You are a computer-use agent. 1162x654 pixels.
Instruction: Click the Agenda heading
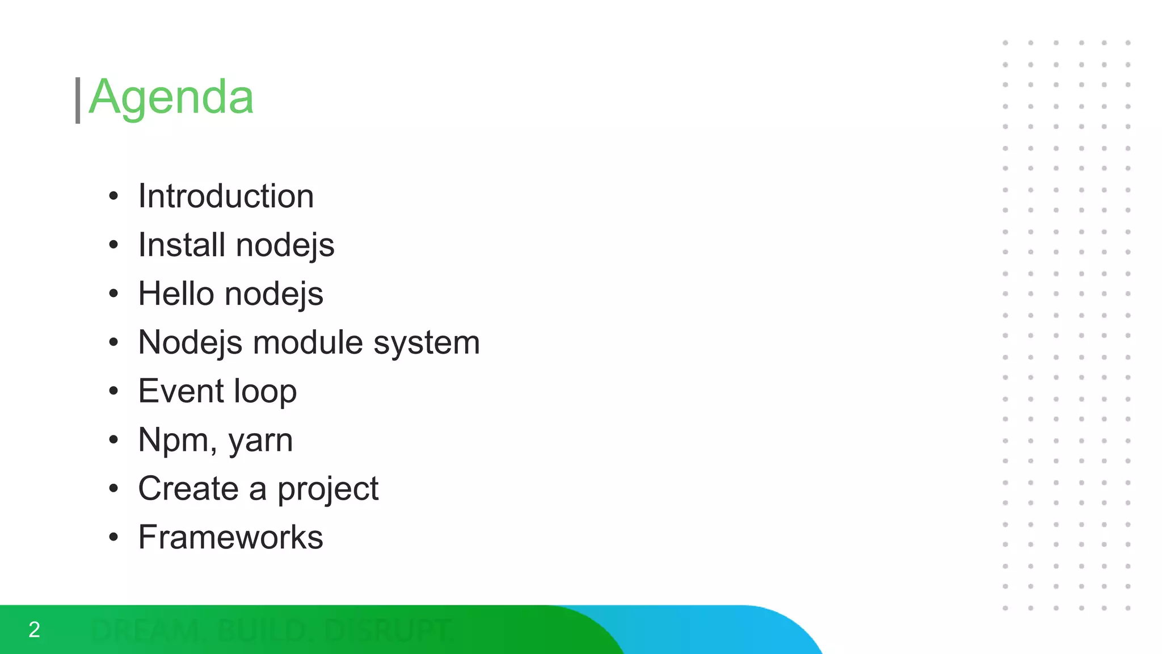pos(171,98)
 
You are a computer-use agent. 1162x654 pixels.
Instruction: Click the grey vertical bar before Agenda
pos(78,100)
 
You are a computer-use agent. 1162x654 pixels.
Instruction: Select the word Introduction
pos(226,196)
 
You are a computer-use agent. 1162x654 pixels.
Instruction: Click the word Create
pos(188,489)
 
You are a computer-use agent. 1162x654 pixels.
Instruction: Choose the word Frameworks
pos(230,538)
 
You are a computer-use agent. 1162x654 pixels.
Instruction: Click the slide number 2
pos(34,630)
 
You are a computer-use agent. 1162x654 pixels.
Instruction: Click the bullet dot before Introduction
pos(114,196)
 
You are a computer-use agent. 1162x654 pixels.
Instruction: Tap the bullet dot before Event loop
pos(114,391)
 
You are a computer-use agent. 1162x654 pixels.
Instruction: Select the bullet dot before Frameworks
pos(114,538)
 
